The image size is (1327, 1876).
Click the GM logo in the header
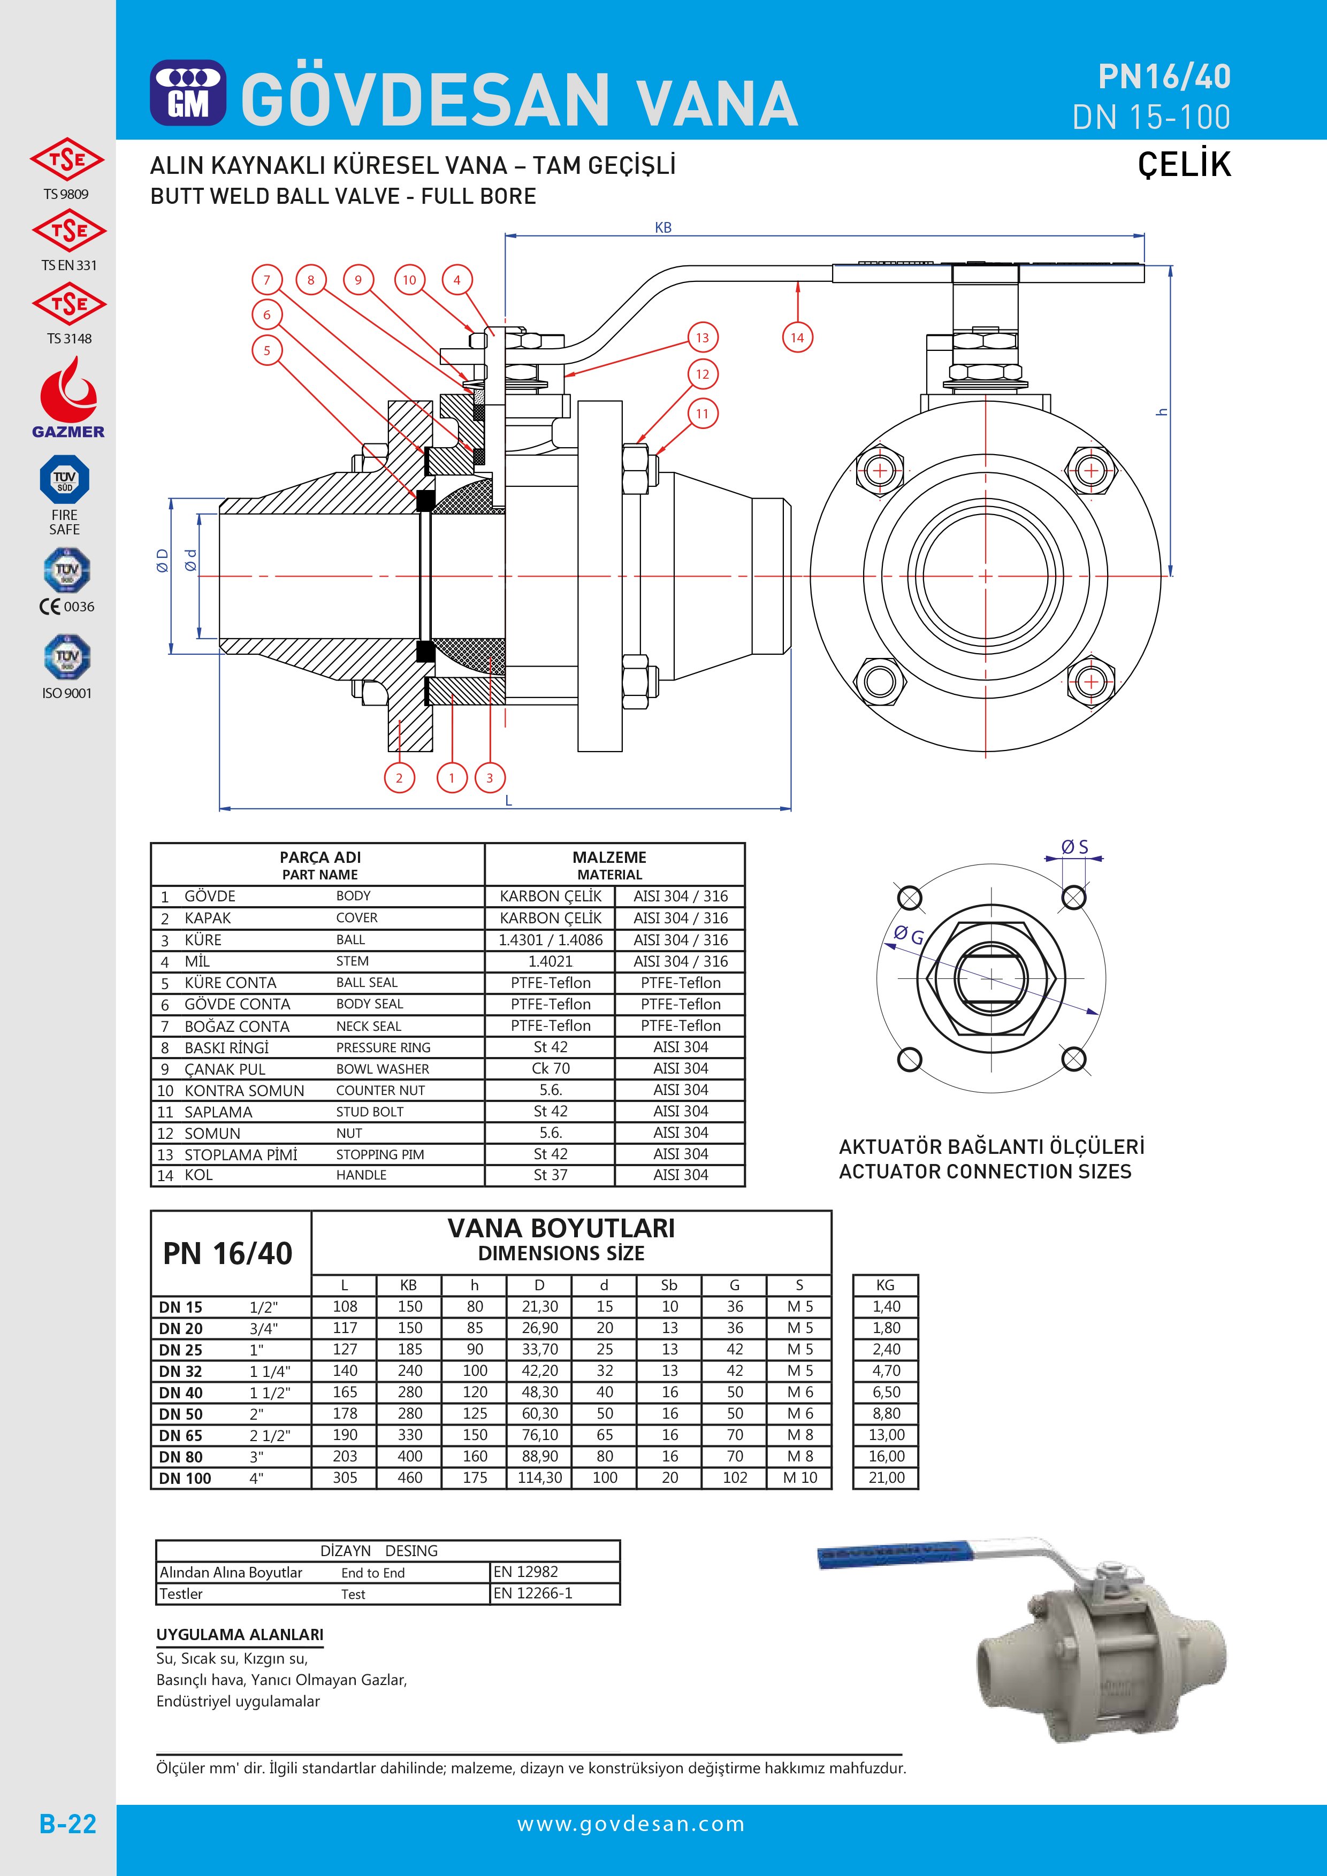pos(188,93)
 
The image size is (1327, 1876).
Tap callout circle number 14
pos(797,338)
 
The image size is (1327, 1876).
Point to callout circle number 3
pos(490,778)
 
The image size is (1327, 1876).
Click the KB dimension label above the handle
pos(662,228)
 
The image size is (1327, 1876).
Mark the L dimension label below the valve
pos(508,801)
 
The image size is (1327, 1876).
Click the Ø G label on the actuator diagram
pos(908,936)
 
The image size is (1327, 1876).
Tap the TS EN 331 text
pos(68,265)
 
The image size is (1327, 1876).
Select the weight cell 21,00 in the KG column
pos(886,1477)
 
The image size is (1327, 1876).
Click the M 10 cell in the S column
pos(799,1477)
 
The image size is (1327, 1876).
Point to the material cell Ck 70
pos(550,1068)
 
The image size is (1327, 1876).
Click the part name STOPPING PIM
pos(379,1154)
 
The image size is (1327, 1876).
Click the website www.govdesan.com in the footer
pos(631,1824)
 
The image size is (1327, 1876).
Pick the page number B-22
pos(68,1824)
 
